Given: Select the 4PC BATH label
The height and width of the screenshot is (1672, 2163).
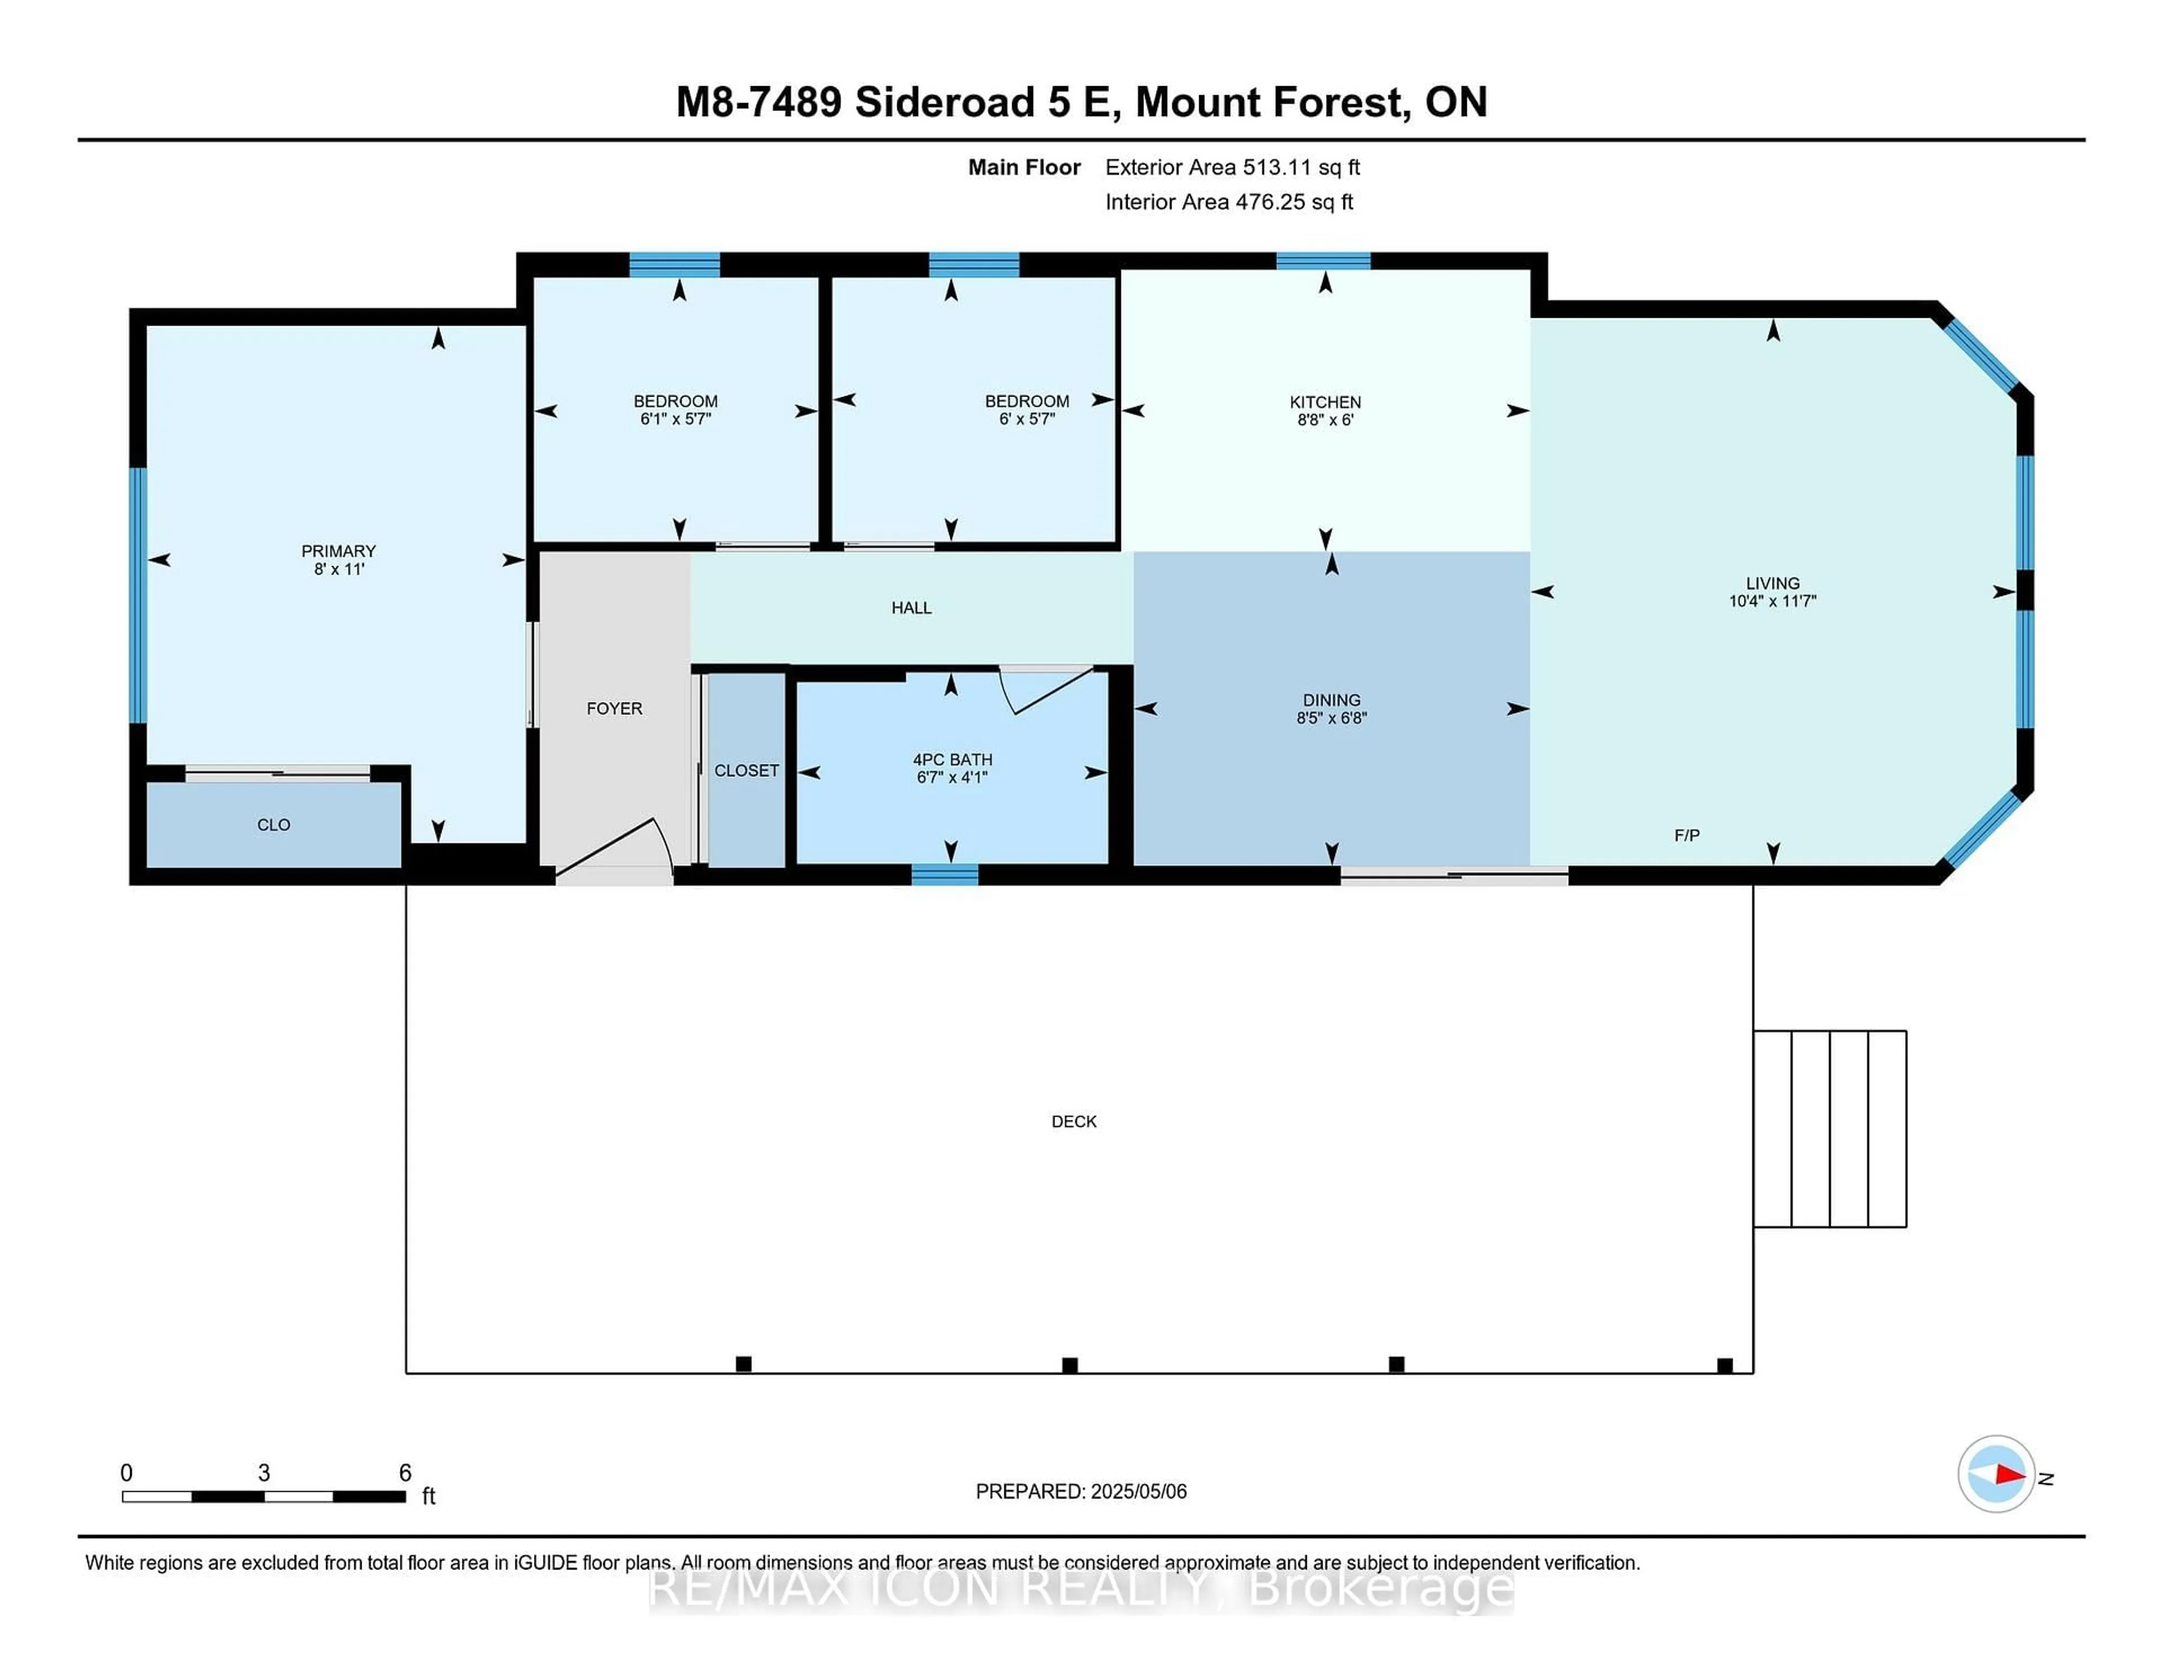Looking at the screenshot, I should pyautogui.click(x=952, y=760).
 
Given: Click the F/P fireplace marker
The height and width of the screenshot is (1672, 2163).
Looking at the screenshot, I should pyautogui.click(x=1686, y=835).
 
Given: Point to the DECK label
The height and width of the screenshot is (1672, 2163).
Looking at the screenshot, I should pyautogui.click(x=1074, y=1121).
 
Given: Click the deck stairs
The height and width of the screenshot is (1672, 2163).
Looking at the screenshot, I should pyautogui.click(x=1829, y=1128).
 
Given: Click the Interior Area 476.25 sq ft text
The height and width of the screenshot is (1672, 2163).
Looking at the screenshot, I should pyautogui.click(x=1228, y=202).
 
